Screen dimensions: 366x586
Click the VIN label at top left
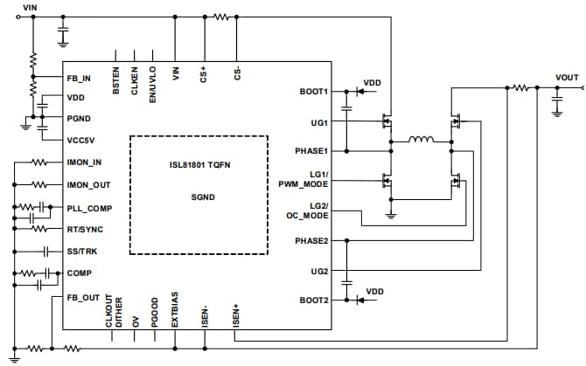click(30, 7)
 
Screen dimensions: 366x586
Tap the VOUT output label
click(567, 78)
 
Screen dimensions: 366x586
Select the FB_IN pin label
click(80, 79)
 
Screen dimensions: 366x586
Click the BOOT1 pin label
click(311, 91)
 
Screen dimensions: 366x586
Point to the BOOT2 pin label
click(311, 300)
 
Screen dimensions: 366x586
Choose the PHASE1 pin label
click(310, 151)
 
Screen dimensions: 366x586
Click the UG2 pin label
click(317, 272)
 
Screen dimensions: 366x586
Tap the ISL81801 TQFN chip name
click(199, 164)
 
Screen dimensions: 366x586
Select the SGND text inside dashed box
click(199, 197)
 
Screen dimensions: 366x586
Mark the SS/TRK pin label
click(81, 252)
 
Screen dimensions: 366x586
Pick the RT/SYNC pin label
click(84, 229)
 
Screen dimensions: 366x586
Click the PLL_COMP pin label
click(87, 207)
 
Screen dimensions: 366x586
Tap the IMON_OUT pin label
click(88, 185)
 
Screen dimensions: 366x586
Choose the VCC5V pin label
click(80, 140)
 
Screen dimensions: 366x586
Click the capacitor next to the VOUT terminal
click(557, 106)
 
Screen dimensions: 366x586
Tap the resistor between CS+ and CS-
click(221, 16)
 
